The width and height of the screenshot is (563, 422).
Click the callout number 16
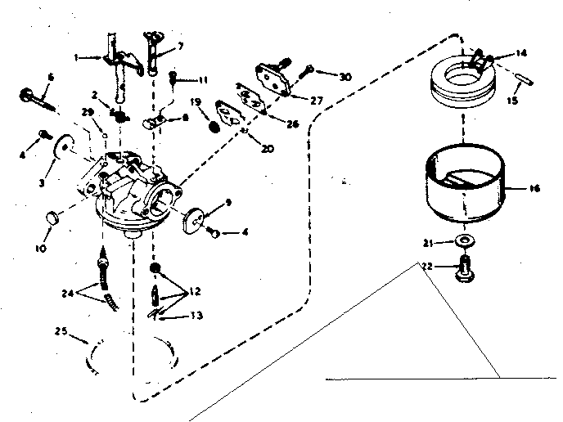pyautogui.click(x=535, y=187)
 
